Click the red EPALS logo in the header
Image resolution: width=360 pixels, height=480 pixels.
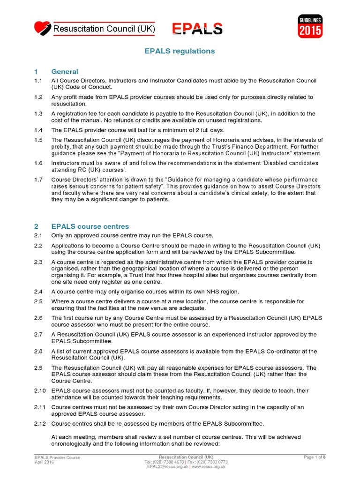(x=197, y=29)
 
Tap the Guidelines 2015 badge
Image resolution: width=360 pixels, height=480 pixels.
(x=310, y=26)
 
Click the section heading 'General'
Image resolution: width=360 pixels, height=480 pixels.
(x=65, y=72)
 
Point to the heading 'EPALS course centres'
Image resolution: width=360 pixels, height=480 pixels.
(x=90, y=226)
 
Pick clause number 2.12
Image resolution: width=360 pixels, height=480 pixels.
(x=40, y=424)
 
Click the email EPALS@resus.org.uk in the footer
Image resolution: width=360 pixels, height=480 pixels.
(x=167, y=466)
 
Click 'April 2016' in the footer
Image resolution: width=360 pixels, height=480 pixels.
(x=45, y=462)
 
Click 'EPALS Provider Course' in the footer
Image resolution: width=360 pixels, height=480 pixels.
(x=57, y=457)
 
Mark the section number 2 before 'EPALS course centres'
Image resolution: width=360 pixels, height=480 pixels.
(x=36, y=226)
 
